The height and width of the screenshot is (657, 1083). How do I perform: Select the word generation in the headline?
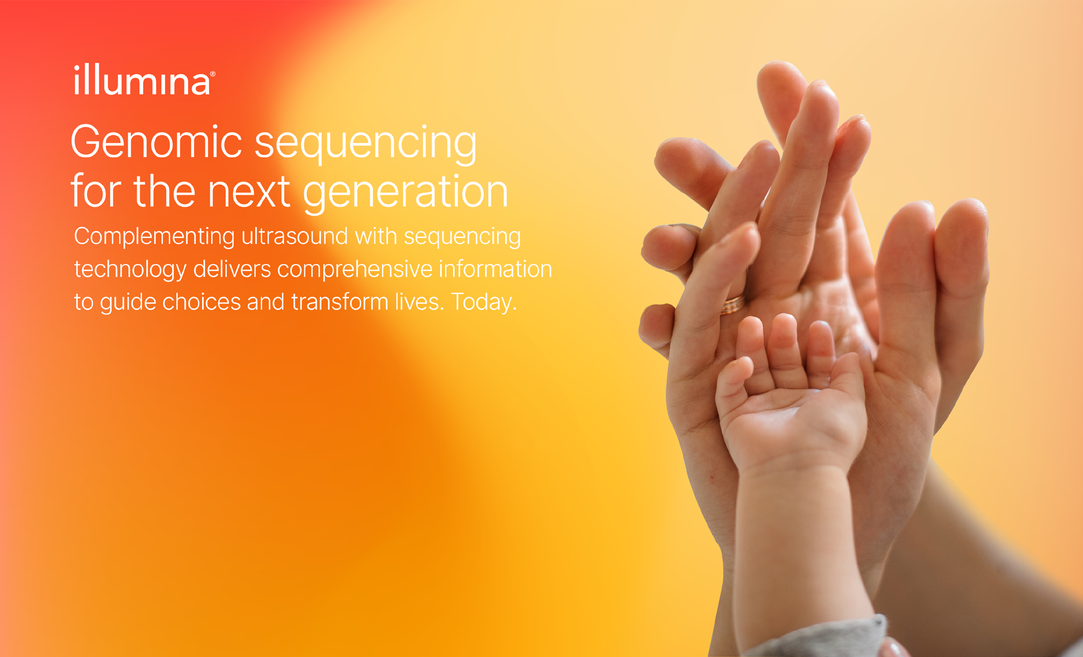coord(405,192)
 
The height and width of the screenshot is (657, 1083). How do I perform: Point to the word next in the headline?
coord(249,192)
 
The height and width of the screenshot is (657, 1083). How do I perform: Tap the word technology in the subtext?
coord(130,270)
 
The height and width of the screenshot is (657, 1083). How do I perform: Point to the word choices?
coord(201,302)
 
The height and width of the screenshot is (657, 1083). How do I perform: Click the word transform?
coord(340,302)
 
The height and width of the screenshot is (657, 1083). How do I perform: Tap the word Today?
coord(484,303)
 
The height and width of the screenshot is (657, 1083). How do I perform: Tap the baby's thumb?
coord(733,386)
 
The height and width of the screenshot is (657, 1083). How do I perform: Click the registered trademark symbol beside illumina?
coord(213,74)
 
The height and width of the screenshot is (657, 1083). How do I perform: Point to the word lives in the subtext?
coord(414,302)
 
